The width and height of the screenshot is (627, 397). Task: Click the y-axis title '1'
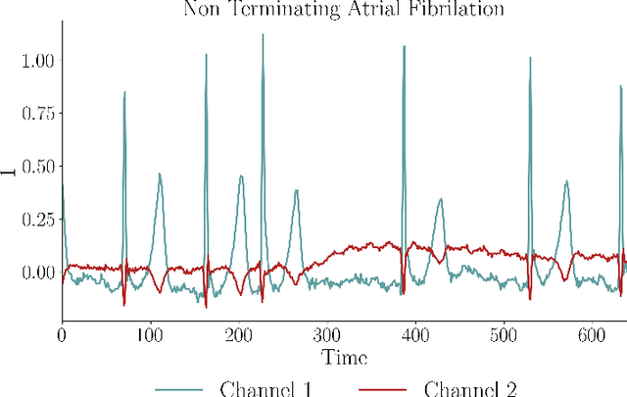(9, 173)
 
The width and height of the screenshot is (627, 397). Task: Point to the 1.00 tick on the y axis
(36, 61)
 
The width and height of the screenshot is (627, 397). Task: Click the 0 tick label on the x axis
(62, 333)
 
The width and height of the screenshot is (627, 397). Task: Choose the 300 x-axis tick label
(327, 333)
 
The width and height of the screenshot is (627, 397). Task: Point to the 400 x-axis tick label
(415, 333)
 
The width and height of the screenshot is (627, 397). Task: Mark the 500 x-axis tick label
(504, 333)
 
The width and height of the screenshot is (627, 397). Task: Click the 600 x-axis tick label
(592, 333)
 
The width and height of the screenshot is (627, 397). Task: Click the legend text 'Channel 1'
(266, 388)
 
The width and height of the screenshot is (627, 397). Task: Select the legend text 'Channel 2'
(476, 388)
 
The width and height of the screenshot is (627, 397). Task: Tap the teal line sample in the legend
(178, 388)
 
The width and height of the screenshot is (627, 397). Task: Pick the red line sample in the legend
(388, 388)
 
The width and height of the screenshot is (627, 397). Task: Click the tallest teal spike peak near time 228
(263, 35)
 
